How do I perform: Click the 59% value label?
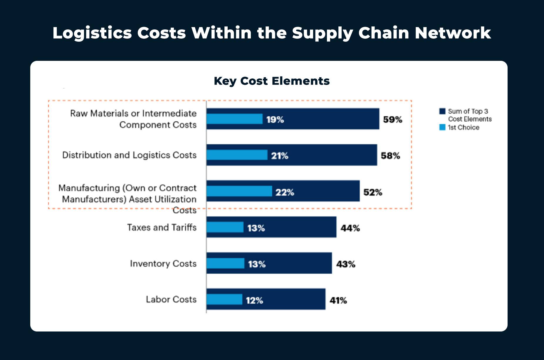click(392, 120)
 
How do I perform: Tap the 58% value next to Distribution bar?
click(390, 156)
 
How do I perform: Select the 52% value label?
click(373, 192)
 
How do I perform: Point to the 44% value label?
click(350, 228)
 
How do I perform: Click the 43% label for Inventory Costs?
click(346, 264)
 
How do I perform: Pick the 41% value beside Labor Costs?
click(338, 300)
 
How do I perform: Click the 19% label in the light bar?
click(275, 120)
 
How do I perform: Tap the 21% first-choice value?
click(280, 156)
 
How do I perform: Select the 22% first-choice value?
click(285, 192)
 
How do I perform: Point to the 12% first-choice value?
click(254, 300)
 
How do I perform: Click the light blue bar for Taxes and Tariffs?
click(225, 227)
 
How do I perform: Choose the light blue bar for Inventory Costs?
click(225, 263)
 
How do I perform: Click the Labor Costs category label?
click(171, 299)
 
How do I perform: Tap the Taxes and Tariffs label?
click(162, 227)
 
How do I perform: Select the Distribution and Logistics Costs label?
click(129, 155)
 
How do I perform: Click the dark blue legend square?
click(442, 111)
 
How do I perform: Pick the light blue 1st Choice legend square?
click(442, 127)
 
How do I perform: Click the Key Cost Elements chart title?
click(272, 81)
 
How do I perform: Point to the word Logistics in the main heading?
click(92, 33)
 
